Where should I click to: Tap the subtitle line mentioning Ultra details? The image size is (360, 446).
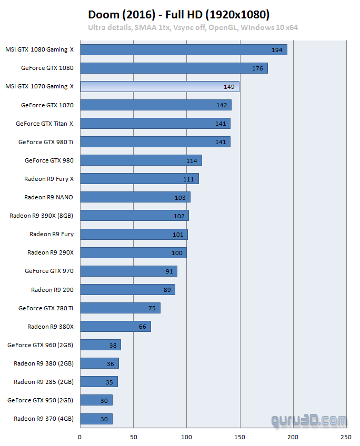[x=193, y=27]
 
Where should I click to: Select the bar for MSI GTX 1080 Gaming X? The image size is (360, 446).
[x=184, y=49]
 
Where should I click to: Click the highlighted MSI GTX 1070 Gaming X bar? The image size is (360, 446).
[x=159, y=86]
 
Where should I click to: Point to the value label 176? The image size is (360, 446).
[x=257, y=68]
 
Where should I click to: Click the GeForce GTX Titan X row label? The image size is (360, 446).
[x=45, y=124]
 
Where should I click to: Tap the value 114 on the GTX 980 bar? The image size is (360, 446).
[x=192, y=161]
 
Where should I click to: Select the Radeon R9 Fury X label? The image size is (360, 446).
[x=49, y=179]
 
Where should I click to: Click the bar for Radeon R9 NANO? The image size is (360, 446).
[x=135, y=197]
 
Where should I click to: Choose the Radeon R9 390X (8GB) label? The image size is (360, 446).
[x=42, y=216]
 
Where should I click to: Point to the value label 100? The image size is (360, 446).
[x=177, y=253]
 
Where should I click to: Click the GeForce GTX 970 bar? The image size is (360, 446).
[x=128, y=271]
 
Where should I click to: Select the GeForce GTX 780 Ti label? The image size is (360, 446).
[x=46, y=308]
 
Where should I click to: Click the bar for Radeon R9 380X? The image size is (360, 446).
[x=115, y=327]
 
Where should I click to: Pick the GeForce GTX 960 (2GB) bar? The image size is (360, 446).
[x=101, y=345]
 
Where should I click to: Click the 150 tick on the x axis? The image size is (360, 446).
[x=239, y=437]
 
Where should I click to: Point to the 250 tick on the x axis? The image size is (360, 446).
[x=346, y=437]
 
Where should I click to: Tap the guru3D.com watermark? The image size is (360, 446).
[x=309, y=421]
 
